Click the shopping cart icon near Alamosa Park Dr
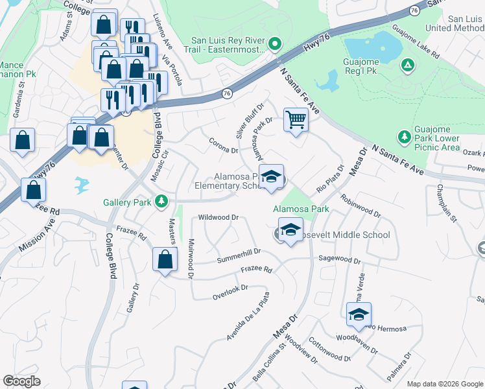(296, 120)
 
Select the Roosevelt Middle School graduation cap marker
(290, 230)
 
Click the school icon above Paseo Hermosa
(359, 315)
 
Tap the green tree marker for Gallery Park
(161, 202)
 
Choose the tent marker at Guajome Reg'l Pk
(407, 64)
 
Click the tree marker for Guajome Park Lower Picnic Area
(404, 137)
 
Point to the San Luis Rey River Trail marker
(274, 44)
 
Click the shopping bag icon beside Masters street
(165, 260)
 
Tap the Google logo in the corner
(22, 381)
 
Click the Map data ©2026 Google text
(445, 383)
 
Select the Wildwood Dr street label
(219, 218)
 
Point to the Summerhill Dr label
(237, 251)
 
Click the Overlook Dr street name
(230, 292)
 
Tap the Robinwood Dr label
(360, 207)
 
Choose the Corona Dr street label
(224, 146)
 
